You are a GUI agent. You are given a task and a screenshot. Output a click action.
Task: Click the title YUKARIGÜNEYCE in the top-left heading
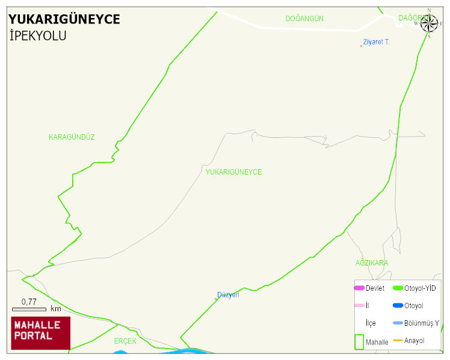pos(64,19)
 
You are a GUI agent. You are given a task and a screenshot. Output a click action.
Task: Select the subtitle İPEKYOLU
pos(38,36)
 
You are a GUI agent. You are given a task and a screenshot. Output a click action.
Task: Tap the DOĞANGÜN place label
pos(304,19)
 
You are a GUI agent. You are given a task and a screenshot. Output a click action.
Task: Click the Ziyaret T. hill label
pos(377,42)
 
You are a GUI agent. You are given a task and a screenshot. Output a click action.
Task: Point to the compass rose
pos(429,23)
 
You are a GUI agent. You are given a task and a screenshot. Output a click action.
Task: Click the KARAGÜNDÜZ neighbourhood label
pos(72,137)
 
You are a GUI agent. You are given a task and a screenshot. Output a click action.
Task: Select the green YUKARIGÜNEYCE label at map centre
pos(233,172)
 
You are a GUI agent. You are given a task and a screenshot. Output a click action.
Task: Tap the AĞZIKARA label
pos(371,263)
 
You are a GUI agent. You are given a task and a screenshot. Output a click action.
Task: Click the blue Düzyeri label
pos(228,295)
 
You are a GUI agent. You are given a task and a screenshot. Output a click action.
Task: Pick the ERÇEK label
pos(125,341)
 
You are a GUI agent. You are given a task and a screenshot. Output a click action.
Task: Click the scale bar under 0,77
pos(29,309)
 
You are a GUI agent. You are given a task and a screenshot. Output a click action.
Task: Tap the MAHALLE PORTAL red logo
pos(40,332)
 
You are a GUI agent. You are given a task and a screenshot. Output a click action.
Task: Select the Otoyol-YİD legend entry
pos(420,288)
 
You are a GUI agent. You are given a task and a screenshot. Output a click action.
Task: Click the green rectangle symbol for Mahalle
pos(359,341)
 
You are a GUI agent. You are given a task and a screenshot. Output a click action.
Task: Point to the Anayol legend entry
pos(414,341)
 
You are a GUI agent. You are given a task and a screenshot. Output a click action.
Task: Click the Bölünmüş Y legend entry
pos(421,323)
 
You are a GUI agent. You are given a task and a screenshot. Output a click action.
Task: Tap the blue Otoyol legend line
pos(398,306)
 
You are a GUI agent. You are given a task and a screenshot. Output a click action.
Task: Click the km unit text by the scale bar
pos(56,309)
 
